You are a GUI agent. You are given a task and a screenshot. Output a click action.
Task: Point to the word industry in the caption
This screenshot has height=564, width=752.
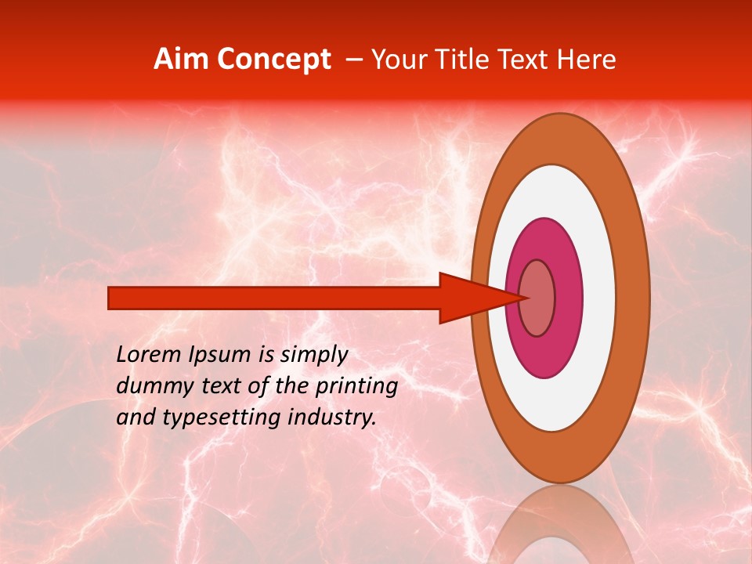334,418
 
